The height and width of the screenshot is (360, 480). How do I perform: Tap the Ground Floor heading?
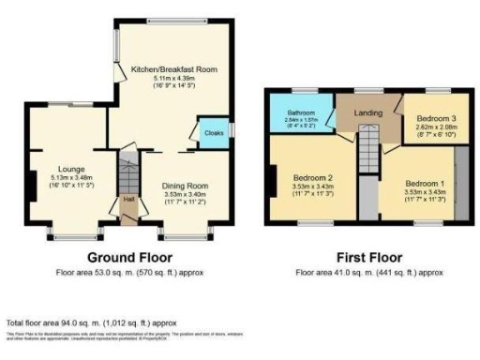point(130,257)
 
